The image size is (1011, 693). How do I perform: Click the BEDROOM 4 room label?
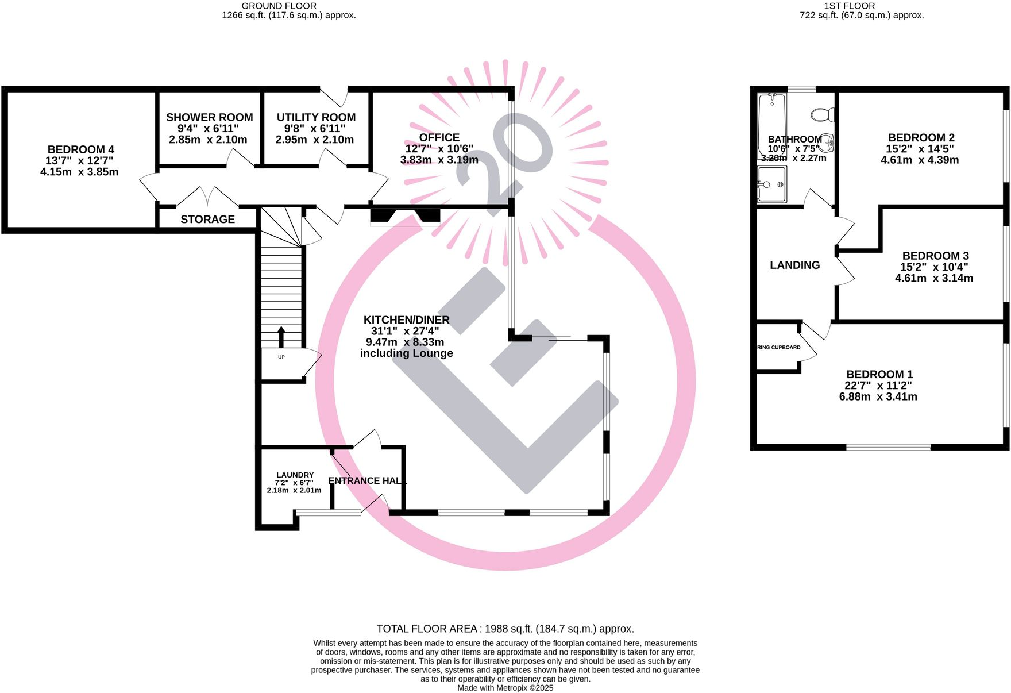tap(80, 150)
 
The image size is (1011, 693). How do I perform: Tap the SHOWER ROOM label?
tap(209, 118)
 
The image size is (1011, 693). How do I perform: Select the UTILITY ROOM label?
tap(316, 118)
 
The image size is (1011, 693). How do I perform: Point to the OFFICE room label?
tap(439, 138)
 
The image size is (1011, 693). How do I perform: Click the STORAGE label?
tap(207, 220)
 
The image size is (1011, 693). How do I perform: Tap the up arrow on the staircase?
tap(281, 337)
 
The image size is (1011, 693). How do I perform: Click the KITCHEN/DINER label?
tap(406, 320)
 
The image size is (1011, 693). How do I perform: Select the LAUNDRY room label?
tap(295, 475)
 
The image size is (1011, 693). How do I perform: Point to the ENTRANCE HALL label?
tap(367, 481)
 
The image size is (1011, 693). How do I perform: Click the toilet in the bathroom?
tap(823, 114)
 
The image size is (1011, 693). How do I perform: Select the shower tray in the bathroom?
tap(771, 184)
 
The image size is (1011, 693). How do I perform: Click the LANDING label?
tap(794, 265)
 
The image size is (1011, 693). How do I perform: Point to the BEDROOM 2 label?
tap(921, 138)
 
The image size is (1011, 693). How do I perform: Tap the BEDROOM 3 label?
tap(935, 256)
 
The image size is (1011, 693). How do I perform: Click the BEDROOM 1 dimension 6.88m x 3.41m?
tap(878, 397)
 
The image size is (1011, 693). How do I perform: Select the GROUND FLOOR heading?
tap(279, 6)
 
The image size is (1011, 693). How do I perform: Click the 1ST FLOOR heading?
tap(849, 6)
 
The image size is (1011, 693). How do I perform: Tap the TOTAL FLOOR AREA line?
tap(505, 629)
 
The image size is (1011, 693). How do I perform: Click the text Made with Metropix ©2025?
tap(505, 688)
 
